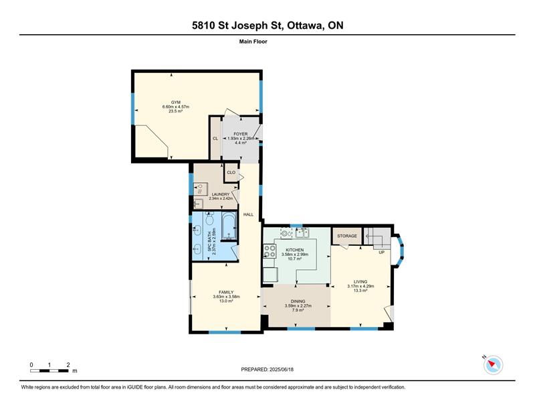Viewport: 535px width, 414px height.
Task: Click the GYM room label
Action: click(176, 102)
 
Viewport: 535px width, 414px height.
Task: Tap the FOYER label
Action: click(241, 134)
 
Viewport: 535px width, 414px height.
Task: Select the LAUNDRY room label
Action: click(221, 194)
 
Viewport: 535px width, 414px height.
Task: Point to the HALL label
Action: click(248, 214)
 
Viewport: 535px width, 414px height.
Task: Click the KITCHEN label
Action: click(295, 251)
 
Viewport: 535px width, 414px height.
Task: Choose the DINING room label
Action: click(298, 301)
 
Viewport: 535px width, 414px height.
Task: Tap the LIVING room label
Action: click(360, 282)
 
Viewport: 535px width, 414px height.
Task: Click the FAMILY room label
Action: click(226, 292)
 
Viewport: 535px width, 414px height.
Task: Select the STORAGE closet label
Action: click(347, 236)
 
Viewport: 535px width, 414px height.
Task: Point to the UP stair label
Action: click(381, 253)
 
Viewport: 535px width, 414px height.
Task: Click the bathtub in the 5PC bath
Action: click(229, 226)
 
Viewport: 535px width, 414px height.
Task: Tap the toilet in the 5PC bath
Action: click(209, 218)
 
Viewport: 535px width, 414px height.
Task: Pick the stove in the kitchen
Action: click(270, 251)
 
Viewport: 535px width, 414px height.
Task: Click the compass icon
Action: click(493, 364)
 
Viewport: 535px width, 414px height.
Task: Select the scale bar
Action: click(49, 371)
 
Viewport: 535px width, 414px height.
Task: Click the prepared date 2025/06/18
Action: click(282, 370)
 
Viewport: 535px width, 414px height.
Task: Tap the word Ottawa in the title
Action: click(305, 25)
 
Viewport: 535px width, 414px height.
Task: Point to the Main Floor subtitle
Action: click(253, 42)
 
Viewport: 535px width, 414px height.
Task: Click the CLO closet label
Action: click(231, 172)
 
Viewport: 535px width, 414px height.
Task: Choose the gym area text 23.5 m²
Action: click(176, 111)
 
